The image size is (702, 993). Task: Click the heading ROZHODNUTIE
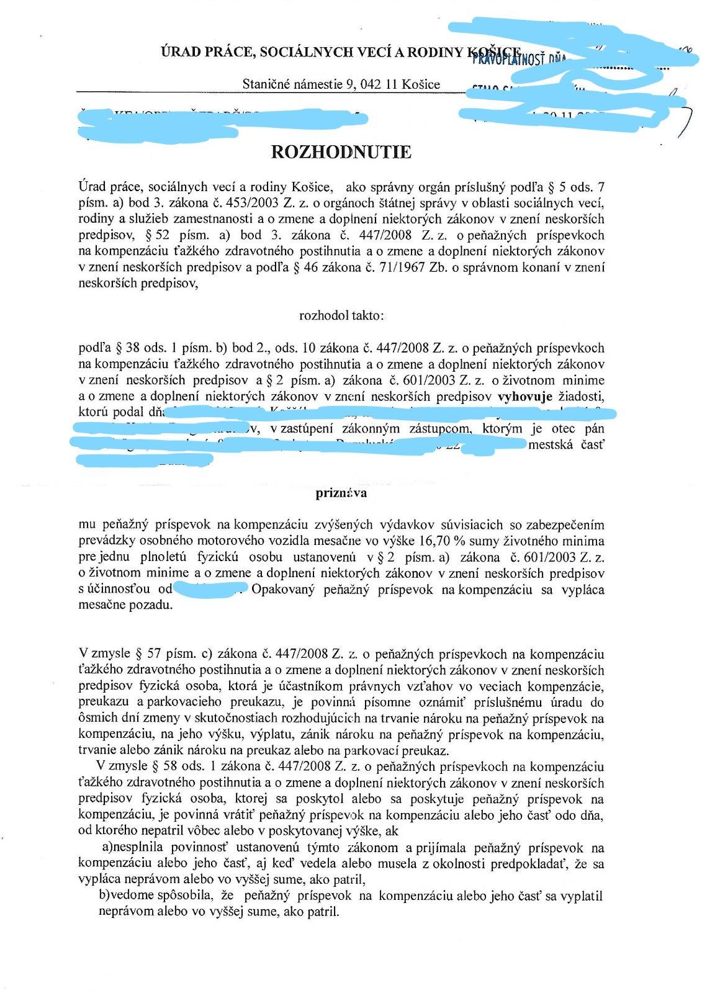[341, 152]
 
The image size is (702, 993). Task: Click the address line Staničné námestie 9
[341, 84]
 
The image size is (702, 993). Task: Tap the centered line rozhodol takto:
[342, 315]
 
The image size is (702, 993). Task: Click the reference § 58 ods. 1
[167, 766]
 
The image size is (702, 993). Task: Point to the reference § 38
[127, 348]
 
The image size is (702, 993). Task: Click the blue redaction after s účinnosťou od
[210, 588]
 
